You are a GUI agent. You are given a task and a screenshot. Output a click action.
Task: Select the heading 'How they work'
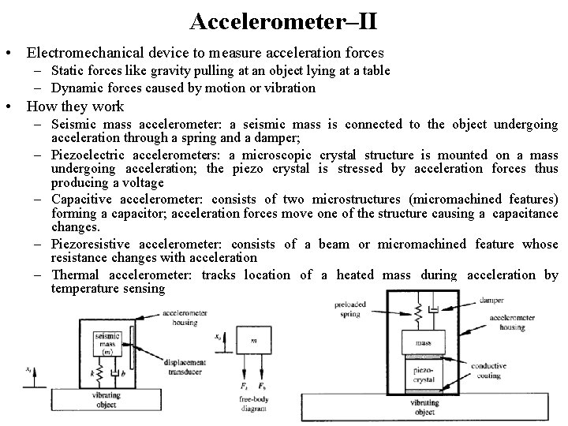[x=75, y=106]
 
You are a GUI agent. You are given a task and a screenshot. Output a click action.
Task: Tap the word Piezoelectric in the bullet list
[x=88, y=154]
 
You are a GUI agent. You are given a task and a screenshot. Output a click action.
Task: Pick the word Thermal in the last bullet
[x=76, y=275]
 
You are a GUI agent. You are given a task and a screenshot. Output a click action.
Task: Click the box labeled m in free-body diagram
[x=252, y=342]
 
